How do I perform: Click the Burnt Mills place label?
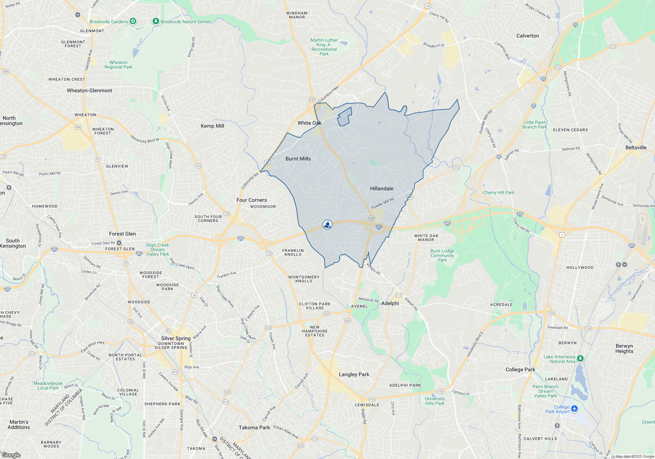pyautogui.click(x=298, y=159)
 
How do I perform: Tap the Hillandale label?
pyautogui.click(x=382, y=189)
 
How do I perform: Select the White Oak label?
pyautogui.click(x=309, y=123)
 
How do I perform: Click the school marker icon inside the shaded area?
pyautogui.click(x=327, y=224)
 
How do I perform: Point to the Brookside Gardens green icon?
pyautogui.click(x=133, y=21)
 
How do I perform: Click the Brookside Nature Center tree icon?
pyautogui.click(x=156, y=21)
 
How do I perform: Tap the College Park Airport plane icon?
pyautogui.click(x=574, y=409)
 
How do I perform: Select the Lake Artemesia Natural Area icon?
pyautogui.click(x=580, y=359)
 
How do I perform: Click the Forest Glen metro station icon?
pyautogui.click(x=119, y=243)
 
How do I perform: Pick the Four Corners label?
pyautogui.click(x=252, y=200)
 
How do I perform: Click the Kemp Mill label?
pyautogui.click(x=212, y=126)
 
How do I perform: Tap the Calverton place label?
pyautogui.click(x=527, y=36)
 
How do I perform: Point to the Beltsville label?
pyautogui.click(x=636, y=148)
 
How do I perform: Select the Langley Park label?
pyautogui.click(x=354, y=374)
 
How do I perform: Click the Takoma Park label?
pyautogui.click(x=254, y=428)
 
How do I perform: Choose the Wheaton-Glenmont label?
pyautogui.click(x=89, y=90)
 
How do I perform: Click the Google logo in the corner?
pyautogui.click(x=11, y=455)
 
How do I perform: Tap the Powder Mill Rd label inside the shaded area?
pyautogui.click(x=382, y=203)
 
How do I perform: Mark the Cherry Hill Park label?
pyautogui.click(x=498, y=192)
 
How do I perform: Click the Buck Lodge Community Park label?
pyautogui.click(x=442, y=255)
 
